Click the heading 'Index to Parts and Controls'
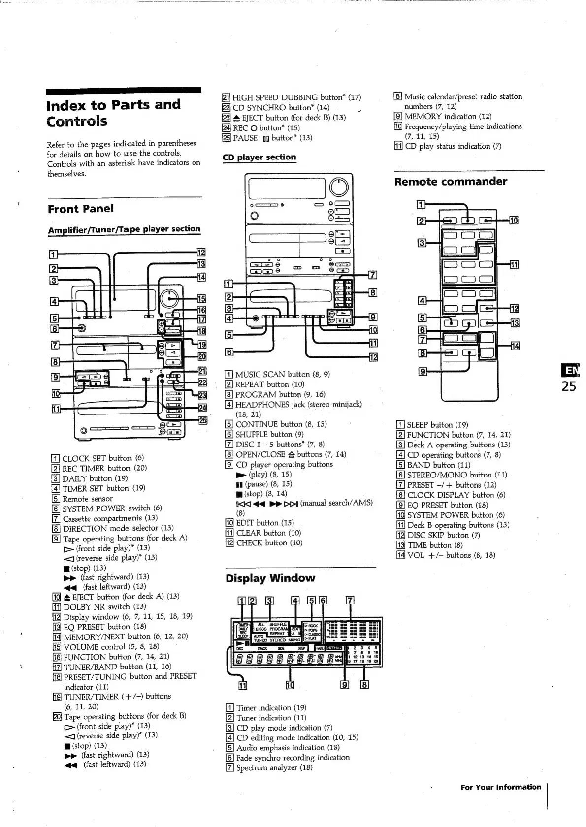(x=113, y=113)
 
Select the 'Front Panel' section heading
(x=80, y=209)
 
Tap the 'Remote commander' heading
(x=451, y=182)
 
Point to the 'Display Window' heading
(x=270, y=578)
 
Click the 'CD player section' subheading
(x=259, y=157)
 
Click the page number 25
(x=569, y=386)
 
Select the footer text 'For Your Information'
(x=500, y=787)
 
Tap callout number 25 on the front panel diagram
(x=202, y=420)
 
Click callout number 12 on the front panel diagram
(x=201, y=253)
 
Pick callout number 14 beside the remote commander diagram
(x=515, y=346)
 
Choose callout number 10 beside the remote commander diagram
(x=514, y=221)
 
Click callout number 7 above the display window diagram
(x=350, y=600)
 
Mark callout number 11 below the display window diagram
(x=242, y=685)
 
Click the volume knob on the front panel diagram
(x=168, y=298)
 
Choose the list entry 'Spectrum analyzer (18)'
(x=269, y=767)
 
